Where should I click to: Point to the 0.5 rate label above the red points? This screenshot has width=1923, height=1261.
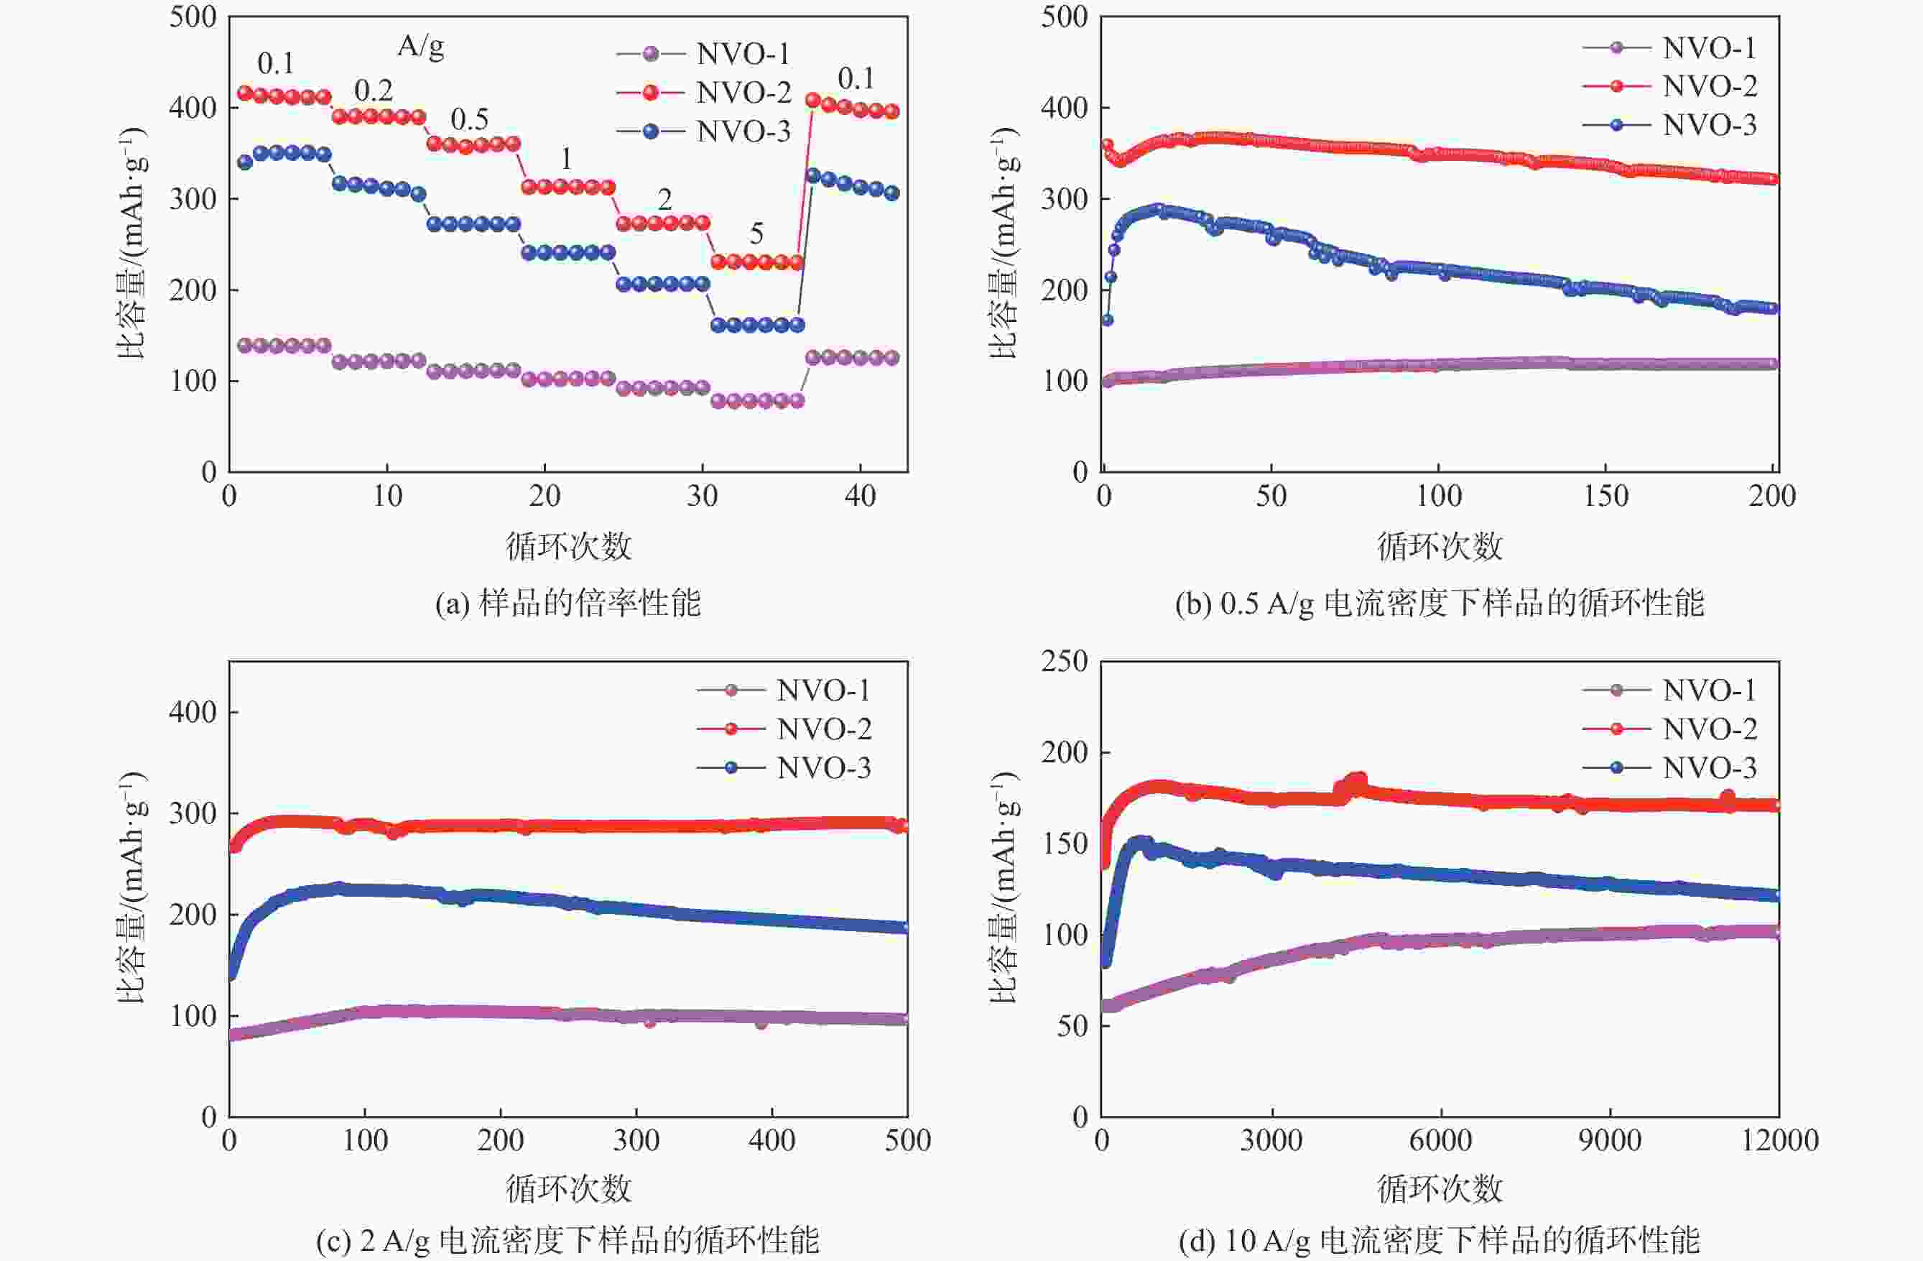tap(470, 119)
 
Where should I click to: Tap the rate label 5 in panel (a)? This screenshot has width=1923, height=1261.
tap(756, 234)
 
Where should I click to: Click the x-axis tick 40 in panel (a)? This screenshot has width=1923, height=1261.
tap(860, 496)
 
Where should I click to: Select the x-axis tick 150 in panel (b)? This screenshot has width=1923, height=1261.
tap(1605, 496)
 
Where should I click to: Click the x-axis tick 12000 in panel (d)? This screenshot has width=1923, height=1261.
tap(1779, 1140)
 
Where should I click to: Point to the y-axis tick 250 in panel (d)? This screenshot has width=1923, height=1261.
tap(1063, 661)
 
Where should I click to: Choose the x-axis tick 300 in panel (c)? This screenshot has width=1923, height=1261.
tap(636, 1140)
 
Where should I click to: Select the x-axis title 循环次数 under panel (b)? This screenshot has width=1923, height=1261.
tap(1439, 546)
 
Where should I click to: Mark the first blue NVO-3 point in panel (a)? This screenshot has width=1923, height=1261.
tap(245, 162)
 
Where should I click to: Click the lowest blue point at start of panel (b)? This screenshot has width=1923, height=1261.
tap(1107, 320)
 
